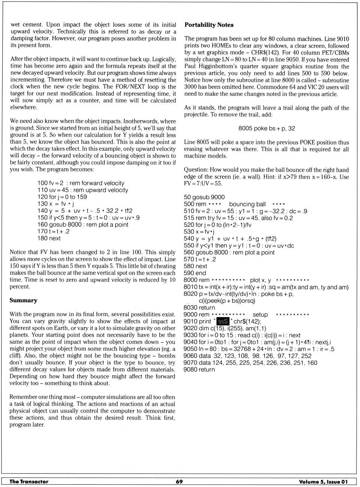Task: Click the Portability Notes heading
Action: click(x=209, y=25)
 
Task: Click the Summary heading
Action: click(x=23, y=300)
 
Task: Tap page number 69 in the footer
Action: click(x=179, y=482)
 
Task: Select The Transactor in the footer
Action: click(x=29, y=482)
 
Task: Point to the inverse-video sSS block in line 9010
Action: click(x=223, y=321)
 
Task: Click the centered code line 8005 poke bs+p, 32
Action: click(x=267, y=128)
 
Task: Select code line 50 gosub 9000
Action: click(x=204, y=197)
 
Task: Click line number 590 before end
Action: click(x=189, y=273)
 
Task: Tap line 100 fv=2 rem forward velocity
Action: click(x=81, y=183)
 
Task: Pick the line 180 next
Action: click(x=49, y=238)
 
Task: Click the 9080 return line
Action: click(x=199, y=369)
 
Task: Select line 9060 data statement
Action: click(x=247, y=356)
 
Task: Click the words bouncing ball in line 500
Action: click(x=247, y=204)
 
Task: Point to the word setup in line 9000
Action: click(x=260, y=315)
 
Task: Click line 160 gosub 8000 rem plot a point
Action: click(x=82, y=225)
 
